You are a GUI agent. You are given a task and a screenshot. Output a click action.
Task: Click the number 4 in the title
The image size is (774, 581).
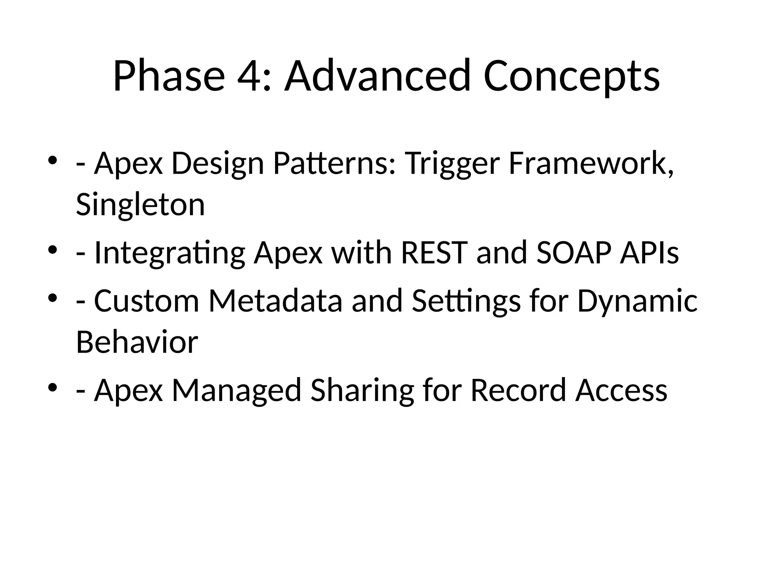click(249, 76)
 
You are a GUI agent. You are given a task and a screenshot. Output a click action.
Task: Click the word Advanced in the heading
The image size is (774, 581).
click(378, 76)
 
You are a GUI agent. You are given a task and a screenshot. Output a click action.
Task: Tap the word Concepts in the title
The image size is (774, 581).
click(571, 76)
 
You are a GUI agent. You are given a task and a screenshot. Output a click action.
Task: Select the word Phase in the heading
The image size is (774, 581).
click(169, 76)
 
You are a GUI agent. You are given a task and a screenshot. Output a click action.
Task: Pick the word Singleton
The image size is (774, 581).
click(140, 205)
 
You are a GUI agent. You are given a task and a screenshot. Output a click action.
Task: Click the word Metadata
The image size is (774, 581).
click(275, 301)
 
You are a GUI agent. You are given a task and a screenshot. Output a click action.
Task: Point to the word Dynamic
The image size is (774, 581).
click(637, 301)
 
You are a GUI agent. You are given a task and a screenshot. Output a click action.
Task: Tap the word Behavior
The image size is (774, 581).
click(137, 342)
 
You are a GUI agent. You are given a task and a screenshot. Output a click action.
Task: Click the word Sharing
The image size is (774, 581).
click(362, 390)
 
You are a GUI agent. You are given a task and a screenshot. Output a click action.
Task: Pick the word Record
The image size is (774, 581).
click(519, 390)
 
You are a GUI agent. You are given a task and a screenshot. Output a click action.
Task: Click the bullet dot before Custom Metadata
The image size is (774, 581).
click(53, 297)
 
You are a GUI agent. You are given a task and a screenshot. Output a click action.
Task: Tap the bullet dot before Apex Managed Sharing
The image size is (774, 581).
click(53, 387)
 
